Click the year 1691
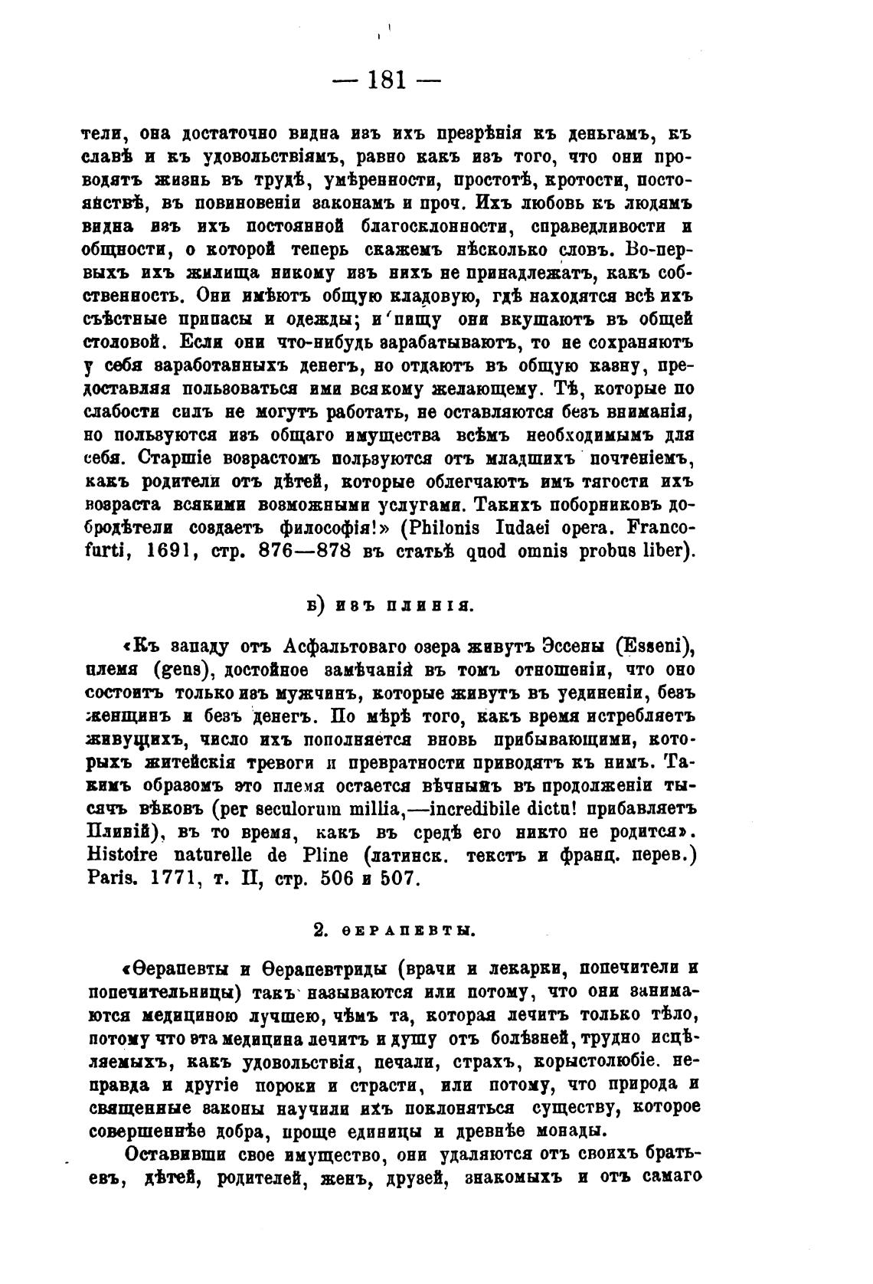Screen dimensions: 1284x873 click(178, 552)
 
